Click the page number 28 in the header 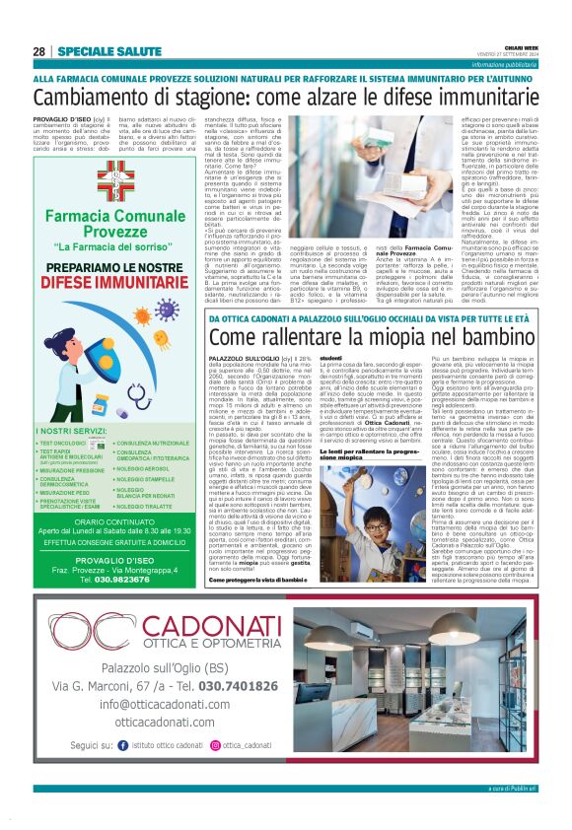pyautogui.click(x=38, y=51)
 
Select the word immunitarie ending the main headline pyautogui.click(x=489, y=98)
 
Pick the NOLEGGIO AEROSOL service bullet pyautogui.click(x=148, y=468)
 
